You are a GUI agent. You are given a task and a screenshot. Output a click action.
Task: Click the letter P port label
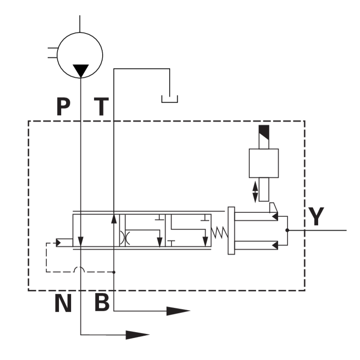[63, 107]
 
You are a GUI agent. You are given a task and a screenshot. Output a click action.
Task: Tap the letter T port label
[101, 107]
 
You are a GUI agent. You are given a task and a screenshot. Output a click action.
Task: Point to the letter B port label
[102, 303]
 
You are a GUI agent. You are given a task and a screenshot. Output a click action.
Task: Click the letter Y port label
[316, 216]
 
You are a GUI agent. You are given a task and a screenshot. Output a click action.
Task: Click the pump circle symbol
[80, 55]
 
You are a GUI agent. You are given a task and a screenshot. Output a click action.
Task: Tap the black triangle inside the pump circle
[81, 71]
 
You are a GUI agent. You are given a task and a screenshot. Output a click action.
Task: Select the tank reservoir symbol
[170, 99]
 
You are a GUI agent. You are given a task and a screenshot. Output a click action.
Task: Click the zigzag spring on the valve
[220, 232]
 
